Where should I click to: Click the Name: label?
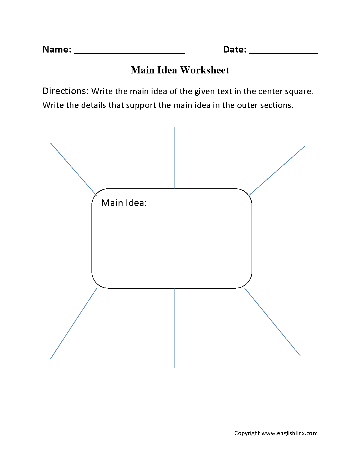click(x=57, y=49)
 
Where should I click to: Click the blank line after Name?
click(x=129, y=53)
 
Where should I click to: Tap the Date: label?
click(x=235, y=49)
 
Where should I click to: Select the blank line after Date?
click(x=283, y=53)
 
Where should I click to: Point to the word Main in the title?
click(x=143, y=70)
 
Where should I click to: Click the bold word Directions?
click(x=66, y=91)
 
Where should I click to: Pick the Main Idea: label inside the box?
click(x=124, y=203)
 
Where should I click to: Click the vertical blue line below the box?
click(x=175, y=328)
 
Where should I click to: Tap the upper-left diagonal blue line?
click(x=73, y=169)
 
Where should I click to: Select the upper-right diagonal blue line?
click(x=277, y=170)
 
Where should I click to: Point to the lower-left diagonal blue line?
click(x=74, y=323)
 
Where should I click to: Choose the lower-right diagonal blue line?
click(x=272, y=322)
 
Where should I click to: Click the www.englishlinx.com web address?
click(x=289, y=433)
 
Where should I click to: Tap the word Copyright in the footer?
click(x=247, y=433)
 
